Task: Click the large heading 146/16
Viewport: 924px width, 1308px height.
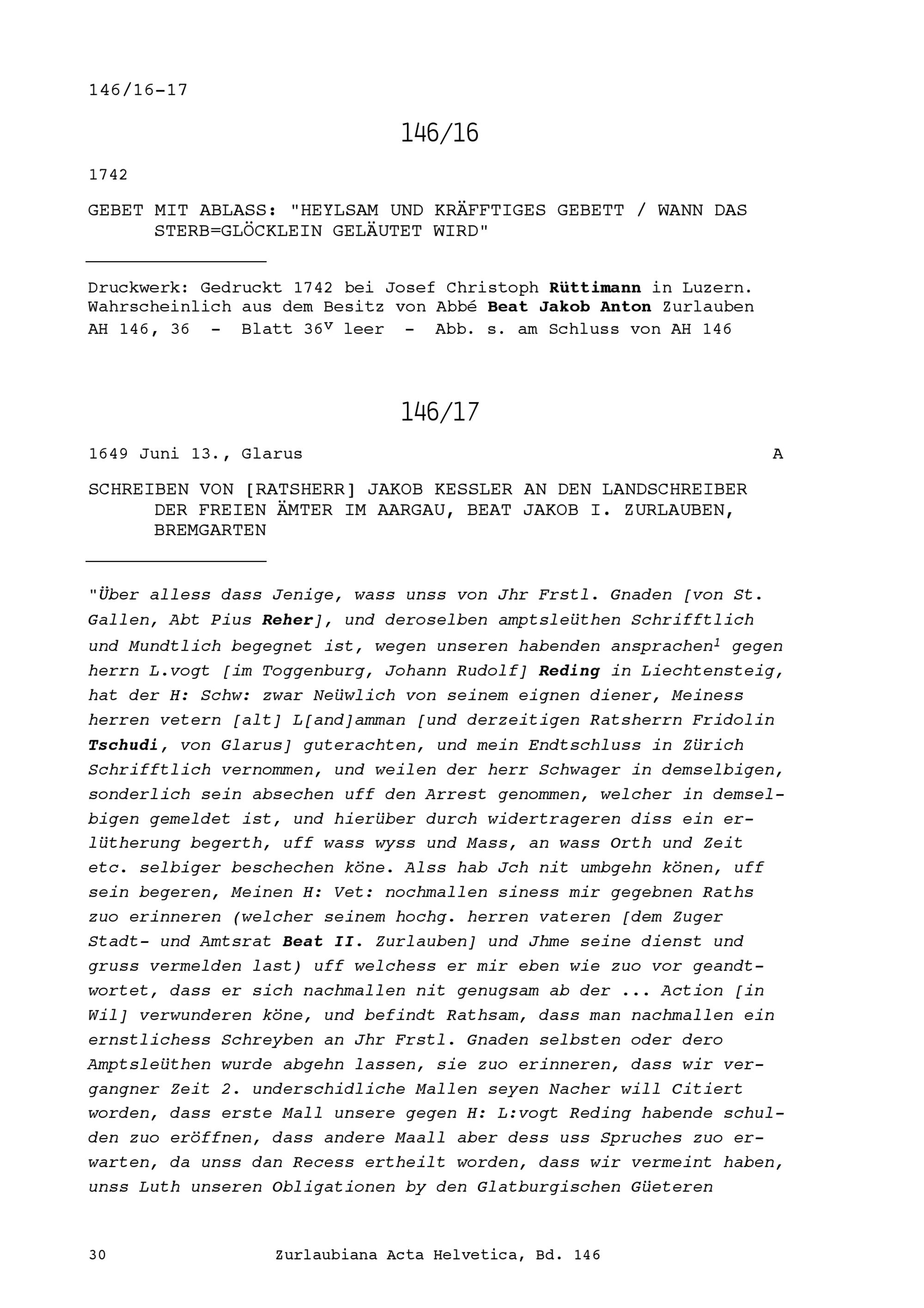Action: (439, 133)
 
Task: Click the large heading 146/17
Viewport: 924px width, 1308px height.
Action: (439, 412)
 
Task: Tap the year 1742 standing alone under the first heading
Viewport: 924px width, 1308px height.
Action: (108, 175)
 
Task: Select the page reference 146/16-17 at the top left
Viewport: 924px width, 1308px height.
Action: (138, 90)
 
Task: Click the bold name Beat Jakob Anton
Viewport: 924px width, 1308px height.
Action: (569, 307)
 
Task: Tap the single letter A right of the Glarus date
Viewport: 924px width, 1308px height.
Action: (778, 454)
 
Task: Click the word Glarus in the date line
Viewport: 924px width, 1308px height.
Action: (272, 454)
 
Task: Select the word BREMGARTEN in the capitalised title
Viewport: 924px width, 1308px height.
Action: (210, 531)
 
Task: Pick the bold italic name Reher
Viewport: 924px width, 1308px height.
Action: (287, 620)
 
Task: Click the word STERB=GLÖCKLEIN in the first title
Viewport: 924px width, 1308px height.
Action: (226, 231)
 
